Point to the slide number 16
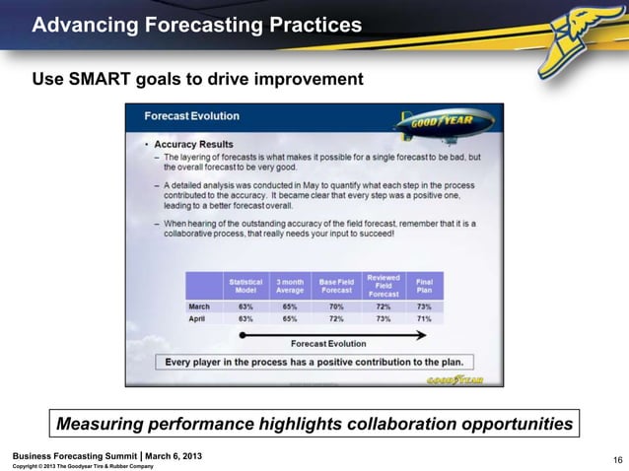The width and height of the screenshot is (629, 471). [x=617, y=459]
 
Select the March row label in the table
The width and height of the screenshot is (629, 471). [x=201, y=306]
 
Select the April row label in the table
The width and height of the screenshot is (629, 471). [x=199, y=319]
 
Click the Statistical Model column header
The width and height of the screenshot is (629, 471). [x=245, y=286]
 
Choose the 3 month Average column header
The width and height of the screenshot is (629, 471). [x=289, y=286]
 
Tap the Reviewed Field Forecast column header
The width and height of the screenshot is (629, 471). [x=383, y=286]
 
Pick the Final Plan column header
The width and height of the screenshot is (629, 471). [x=425, y=286]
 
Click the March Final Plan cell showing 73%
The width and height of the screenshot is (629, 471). [x=425, y=306]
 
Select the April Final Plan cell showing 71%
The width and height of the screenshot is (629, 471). [x=425, y=319]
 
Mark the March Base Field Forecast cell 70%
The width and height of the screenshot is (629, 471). [x=335, y=306]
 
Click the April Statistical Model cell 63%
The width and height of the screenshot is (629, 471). [x=245, y=319]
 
